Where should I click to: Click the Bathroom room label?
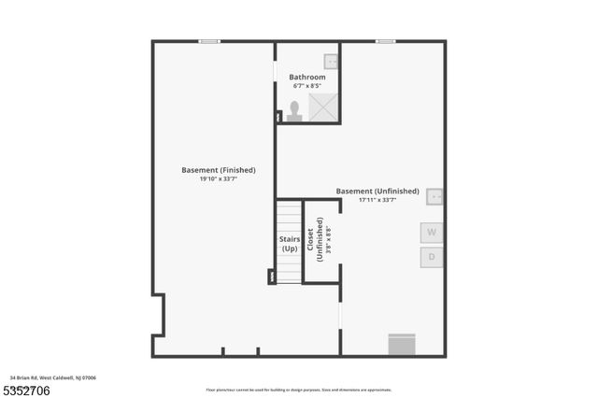(307, 77)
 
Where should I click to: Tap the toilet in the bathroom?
(295, 111)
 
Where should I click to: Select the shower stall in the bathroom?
(324, 108)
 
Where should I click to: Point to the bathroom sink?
(331, 62)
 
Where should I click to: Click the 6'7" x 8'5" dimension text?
(308, 86)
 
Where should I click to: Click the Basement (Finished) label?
(219, 170)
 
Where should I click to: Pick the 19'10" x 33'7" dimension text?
(219, 179)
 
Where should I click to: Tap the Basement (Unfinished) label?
(377, 191)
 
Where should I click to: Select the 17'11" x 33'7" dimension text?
(377, 200)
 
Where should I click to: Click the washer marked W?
(432, 232)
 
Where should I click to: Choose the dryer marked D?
(432, 257)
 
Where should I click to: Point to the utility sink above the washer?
(434, 197)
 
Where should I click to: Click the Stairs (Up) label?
(290, 244)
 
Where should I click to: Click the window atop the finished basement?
(209, 41)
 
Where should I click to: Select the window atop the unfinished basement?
(384, 41)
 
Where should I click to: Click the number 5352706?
(25, 389)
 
